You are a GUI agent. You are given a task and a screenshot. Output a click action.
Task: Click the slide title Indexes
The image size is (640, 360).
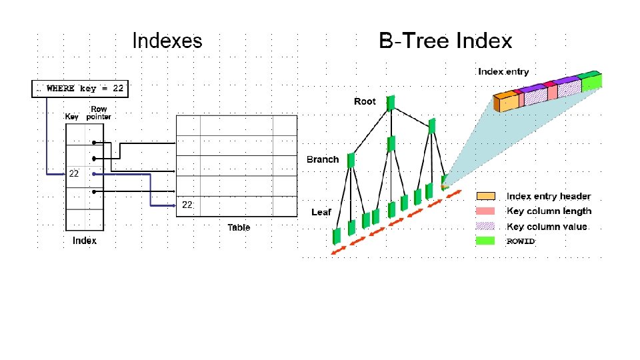167,41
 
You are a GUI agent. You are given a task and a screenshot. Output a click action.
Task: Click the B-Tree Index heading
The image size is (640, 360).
445,41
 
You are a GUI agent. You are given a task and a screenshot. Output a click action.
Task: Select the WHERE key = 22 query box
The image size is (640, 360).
79,89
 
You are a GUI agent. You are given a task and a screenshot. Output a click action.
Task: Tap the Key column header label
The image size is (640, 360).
72,117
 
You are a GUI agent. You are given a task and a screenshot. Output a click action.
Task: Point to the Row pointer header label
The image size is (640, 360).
99,113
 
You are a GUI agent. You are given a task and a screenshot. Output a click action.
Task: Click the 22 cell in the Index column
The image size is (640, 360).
74,173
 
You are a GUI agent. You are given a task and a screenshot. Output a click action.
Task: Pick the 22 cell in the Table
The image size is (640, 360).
187,206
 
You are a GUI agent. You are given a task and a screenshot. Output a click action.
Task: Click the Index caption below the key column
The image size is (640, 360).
85,241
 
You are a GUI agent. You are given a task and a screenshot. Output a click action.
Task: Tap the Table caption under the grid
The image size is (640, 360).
239,228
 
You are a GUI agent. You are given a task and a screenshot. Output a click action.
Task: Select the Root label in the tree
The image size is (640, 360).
365,101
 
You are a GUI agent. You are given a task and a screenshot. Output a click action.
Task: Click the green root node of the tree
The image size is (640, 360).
391,102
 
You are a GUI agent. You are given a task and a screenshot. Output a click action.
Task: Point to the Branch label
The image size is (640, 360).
323,159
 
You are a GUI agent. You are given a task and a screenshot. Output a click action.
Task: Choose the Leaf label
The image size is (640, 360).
321,212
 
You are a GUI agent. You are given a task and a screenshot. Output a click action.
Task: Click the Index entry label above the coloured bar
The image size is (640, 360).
503,72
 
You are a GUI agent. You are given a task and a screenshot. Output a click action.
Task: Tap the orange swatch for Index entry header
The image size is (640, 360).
485,196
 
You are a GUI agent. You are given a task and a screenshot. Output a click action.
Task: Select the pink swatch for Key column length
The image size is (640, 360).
485,211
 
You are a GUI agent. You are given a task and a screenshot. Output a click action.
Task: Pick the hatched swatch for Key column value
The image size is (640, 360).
485,227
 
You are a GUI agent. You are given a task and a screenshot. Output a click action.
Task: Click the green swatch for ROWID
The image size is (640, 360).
485,241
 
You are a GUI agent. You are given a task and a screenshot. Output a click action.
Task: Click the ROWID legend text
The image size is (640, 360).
521,241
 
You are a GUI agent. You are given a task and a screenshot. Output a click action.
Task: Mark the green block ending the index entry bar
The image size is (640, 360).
591,82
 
